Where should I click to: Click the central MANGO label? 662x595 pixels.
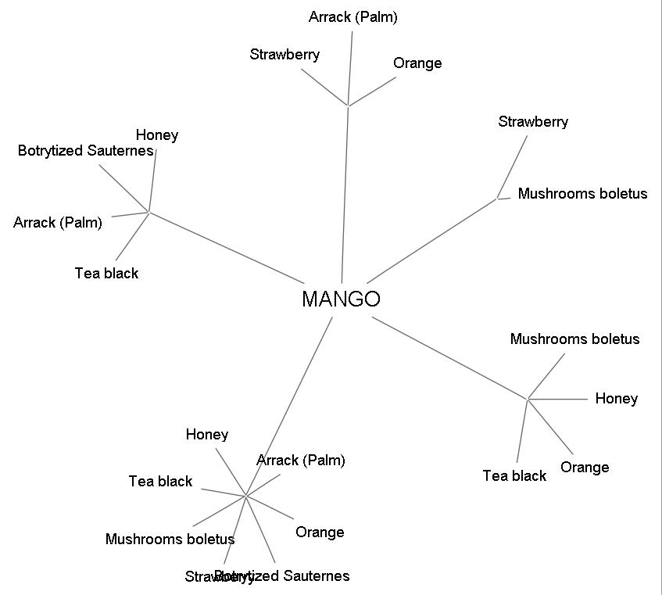[341, 299]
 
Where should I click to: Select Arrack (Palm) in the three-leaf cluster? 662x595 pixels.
[352, 17]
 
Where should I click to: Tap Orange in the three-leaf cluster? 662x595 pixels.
[417, 63]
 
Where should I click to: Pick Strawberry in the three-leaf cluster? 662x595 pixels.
[284, 55]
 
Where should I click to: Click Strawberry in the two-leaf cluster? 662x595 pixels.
[533, 122]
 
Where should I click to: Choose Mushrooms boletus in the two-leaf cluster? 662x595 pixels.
[582, 194]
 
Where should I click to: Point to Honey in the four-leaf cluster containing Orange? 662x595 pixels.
[616, 399]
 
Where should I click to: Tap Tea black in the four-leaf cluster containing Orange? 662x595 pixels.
[514, 476]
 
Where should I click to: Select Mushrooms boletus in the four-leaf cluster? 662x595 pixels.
[574, 339]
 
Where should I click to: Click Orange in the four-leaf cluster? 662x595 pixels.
[585, 468]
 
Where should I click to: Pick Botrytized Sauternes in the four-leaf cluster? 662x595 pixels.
[85, 151]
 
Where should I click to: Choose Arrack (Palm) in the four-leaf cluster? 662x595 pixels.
[58, 223]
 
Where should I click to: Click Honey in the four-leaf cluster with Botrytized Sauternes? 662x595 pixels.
[157, 135]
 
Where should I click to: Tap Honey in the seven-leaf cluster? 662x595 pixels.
[207, 435]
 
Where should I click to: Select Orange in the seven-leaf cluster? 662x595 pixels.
[320, 532]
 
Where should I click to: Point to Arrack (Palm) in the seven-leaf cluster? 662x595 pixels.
[301, 461]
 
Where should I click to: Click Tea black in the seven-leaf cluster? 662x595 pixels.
[160, 482]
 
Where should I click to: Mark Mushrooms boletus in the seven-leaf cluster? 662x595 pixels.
[170, 539]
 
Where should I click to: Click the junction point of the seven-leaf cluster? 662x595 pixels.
[246, 496]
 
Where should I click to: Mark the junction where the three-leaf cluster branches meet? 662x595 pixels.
[348, 105]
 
